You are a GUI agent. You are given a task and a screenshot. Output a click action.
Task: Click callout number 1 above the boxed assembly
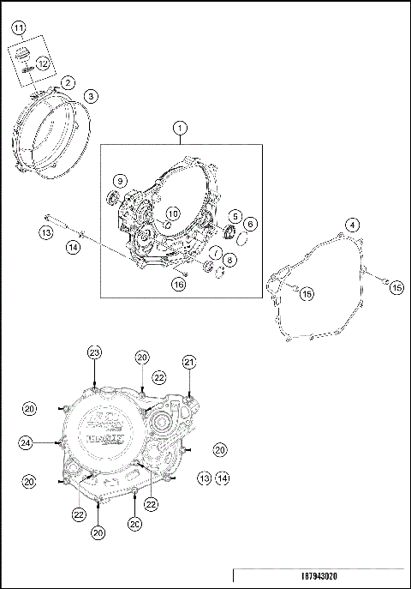[179, 128]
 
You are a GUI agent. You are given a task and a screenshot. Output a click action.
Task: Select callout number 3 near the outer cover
[91, 96]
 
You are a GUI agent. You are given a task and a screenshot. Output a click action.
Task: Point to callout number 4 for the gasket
[351, 225]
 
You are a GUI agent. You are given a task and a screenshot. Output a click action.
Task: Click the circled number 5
[234, 216]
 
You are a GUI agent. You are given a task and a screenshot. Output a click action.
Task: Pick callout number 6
[250, 224]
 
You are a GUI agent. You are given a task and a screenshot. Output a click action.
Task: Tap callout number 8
[230, 259]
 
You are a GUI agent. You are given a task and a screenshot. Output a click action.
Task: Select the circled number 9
[121, 181]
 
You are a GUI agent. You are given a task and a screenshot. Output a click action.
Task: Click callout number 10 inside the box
[172, 213]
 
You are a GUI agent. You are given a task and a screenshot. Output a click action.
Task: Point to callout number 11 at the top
[18, 29]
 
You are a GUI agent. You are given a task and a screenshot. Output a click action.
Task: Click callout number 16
[178, 284]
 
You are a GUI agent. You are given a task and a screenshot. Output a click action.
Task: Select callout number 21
[189, 363]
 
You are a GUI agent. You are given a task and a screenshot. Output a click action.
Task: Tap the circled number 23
[94, 352]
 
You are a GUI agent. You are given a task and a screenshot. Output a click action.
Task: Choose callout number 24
[27, 442]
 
